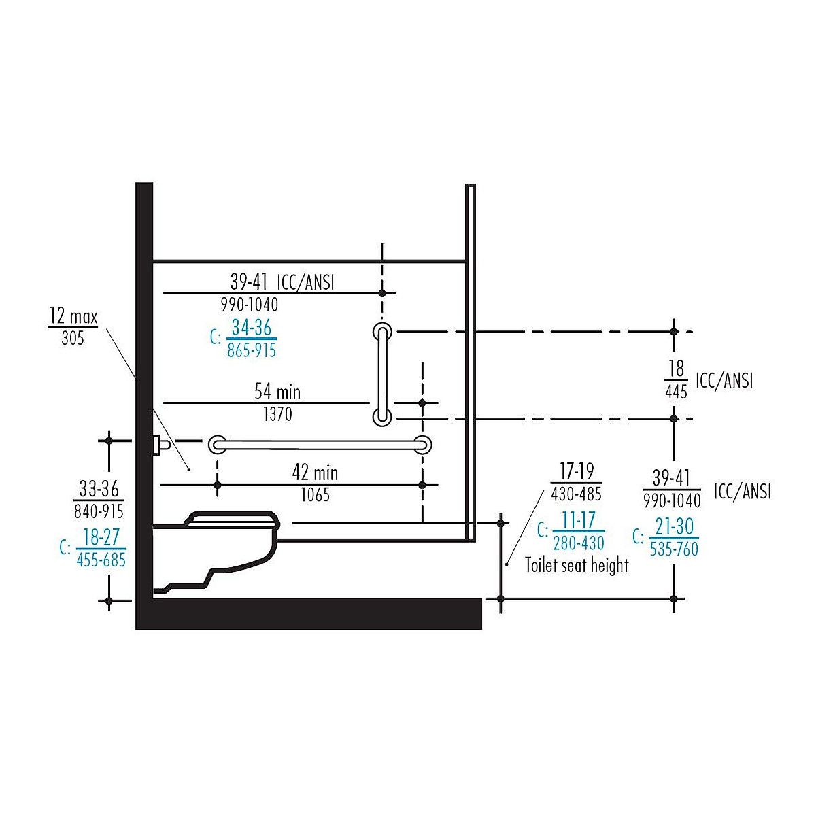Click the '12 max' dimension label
point(73,316)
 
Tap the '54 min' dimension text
point(277,392)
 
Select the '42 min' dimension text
point(315,473)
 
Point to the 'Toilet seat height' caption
point(577,565)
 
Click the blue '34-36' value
point(252,327)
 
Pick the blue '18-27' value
point(101,537)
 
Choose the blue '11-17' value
point(579,520)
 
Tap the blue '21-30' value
point(674,527)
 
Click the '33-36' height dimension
point(99,489)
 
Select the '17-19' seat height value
point(577,471)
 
